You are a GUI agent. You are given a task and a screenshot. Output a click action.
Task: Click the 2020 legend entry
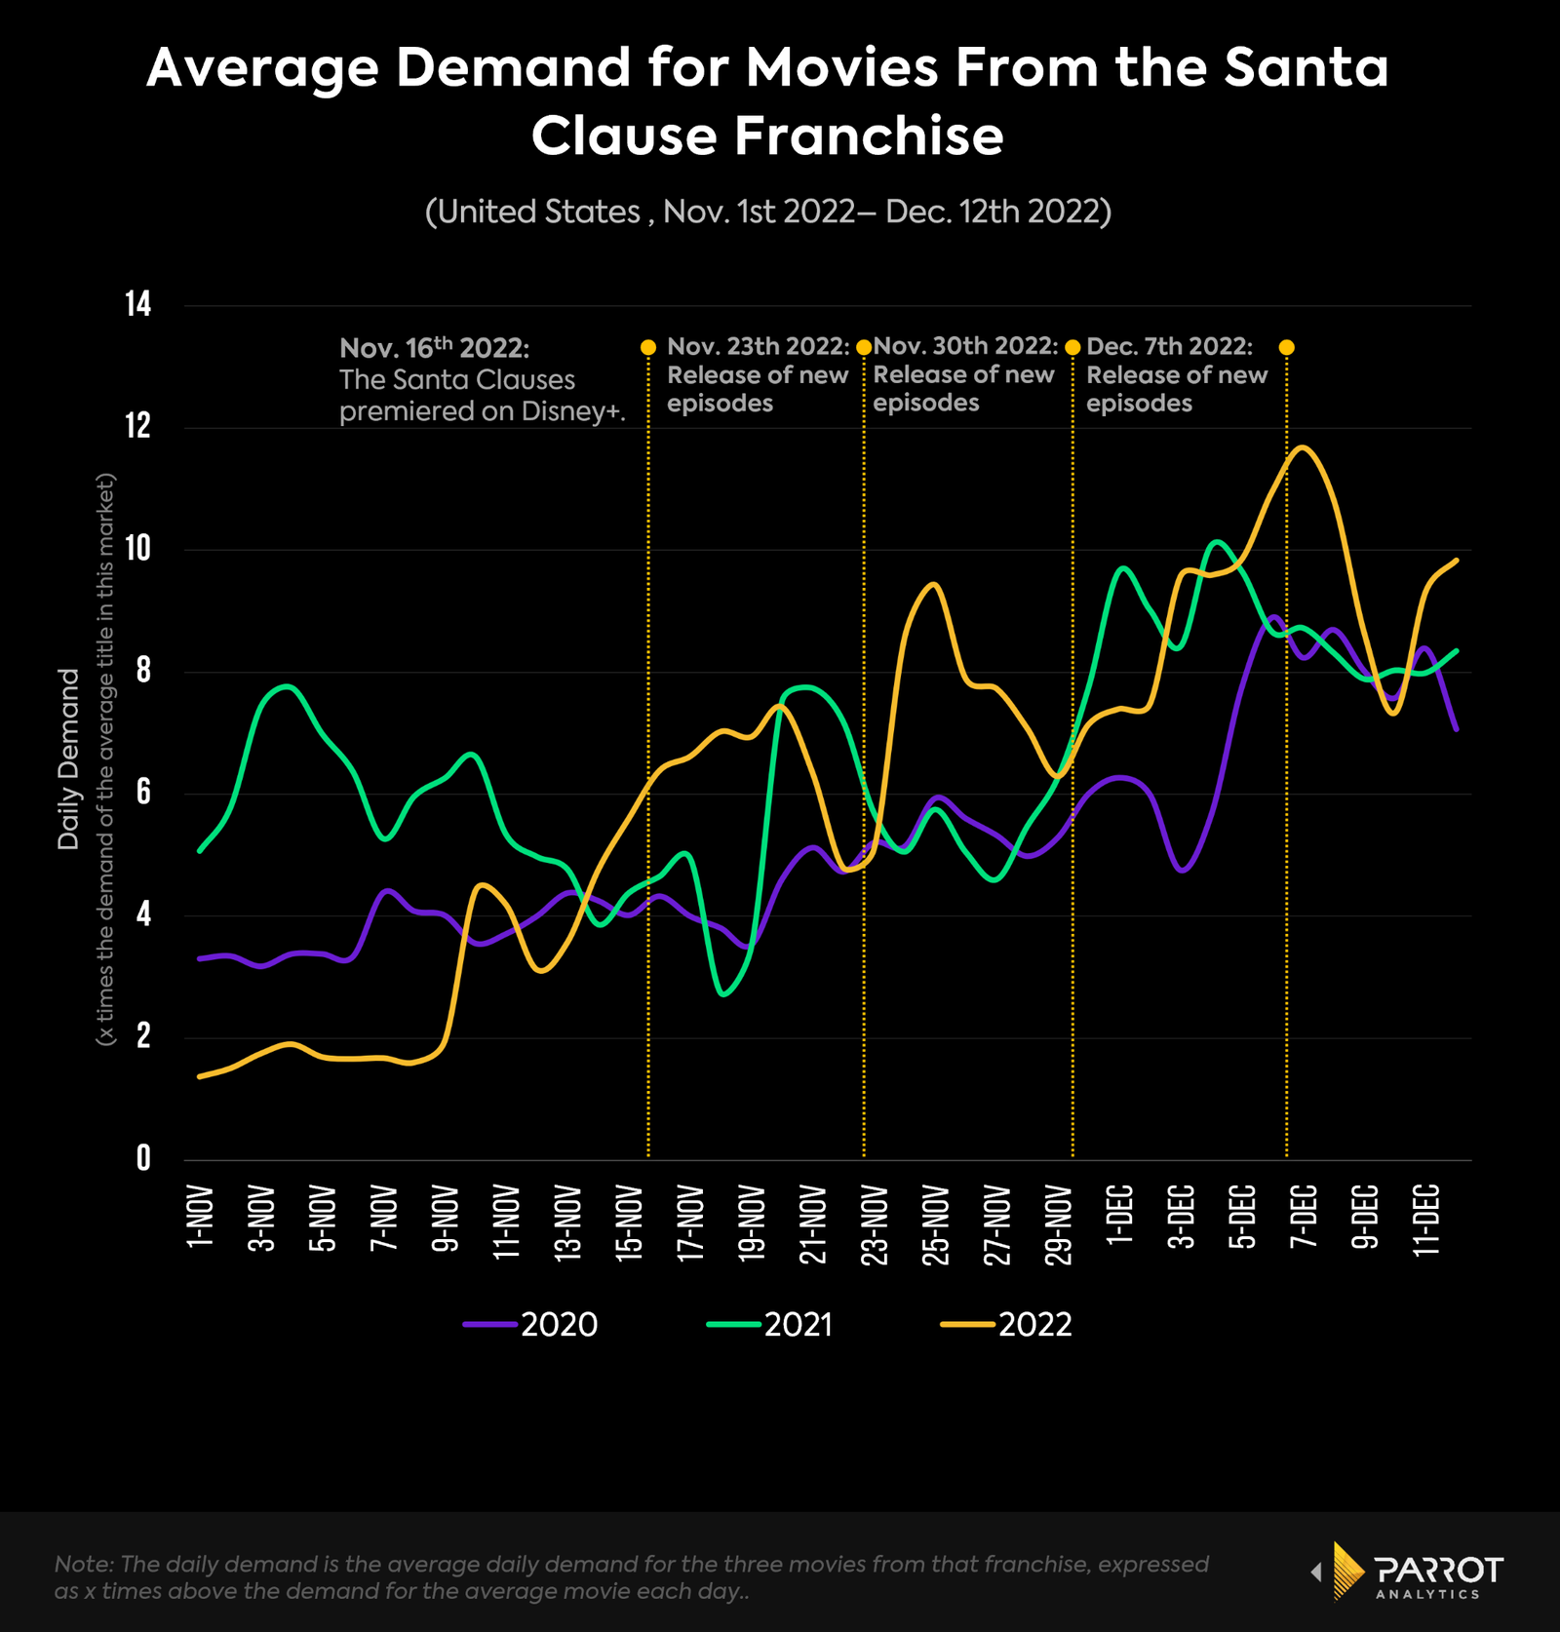(531, 1324)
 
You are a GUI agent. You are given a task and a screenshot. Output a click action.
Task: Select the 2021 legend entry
(770, 1324)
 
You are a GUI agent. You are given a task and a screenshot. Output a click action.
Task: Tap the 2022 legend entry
(1007, 1324)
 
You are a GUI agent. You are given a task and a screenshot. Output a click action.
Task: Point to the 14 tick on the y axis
(138, 305)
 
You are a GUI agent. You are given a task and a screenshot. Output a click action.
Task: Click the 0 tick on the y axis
(143, 1158)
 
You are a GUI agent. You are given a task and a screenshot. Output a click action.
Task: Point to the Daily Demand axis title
(68, 758)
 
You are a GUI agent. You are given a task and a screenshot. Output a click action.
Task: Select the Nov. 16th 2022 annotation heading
(434, 348)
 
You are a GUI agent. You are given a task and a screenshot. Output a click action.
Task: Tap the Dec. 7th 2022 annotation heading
(1169, 346)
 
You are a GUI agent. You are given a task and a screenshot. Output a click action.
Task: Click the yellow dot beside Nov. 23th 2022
(648, 347)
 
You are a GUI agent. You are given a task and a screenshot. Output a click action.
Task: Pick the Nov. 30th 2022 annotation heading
(965, 346)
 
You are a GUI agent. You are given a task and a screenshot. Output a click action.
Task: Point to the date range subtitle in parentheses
(768, 212)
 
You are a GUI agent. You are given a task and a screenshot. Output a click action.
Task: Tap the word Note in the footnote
(84, 1564)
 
